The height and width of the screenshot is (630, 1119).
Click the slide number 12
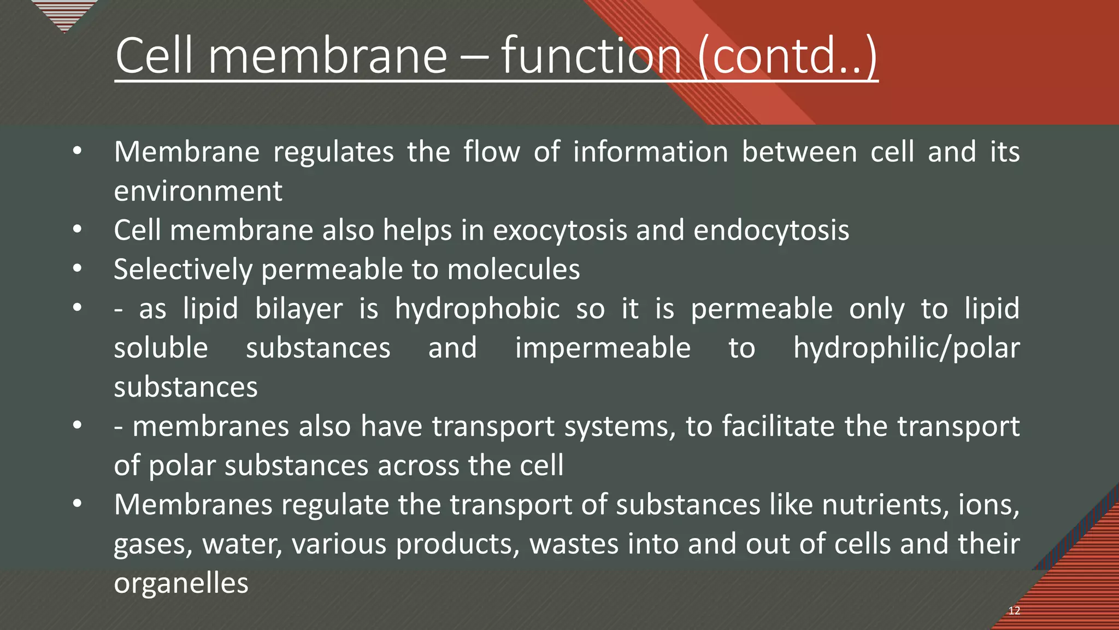(x=1014, y=611)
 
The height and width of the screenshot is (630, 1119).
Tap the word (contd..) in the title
(x=787, y=56)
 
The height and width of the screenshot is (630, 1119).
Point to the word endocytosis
(x=771, y=231)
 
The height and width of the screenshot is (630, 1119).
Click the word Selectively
(x=183, y=270)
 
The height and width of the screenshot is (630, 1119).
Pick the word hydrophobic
(x=477, y=310)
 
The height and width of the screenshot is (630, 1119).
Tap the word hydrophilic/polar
(x=906, y=349)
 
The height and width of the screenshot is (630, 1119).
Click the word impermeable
(x=603, y=349)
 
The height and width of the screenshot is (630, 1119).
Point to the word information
(x=650, y=152)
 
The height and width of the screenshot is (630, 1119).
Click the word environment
(x=198, y=191)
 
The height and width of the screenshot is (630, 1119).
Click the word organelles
(x=181, y=584)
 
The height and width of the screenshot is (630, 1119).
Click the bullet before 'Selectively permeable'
(x=77, y=269)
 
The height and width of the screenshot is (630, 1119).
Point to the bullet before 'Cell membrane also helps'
(x=77, y=229)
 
